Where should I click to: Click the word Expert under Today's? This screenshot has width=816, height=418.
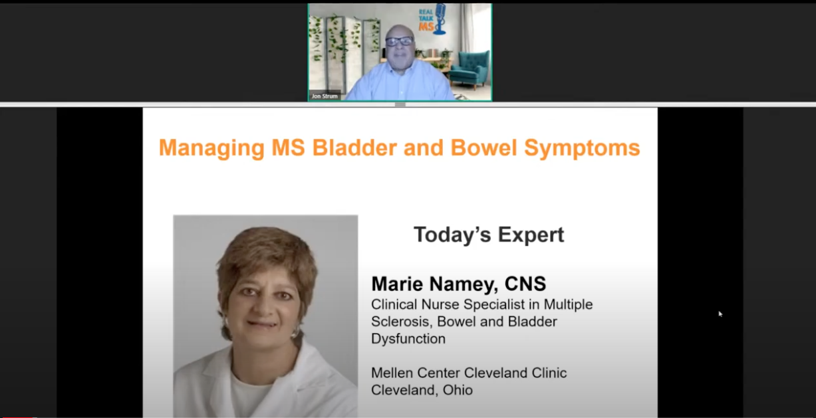(531, 235)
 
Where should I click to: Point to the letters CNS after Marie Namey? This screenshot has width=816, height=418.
(525, 284)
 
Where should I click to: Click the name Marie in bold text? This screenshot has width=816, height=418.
(398, 284)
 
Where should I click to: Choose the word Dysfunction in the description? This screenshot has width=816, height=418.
(408, 339)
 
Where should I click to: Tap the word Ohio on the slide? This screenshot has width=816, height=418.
(458, 390)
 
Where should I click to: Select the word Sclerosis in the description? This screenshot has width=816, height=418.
(401, 322)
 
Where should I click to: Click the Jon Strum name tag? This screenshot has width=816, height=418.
(325, 96)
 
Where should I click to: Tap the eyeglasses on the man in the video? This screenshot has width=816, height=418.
(399, 41)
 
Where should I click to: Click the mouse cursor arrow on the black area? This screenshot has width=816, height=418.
(720, 314)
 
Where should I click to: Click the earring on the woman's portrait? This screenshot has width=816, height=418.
(295, 332)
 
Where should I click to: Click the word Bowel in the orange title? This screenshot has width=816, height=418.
(483, 148)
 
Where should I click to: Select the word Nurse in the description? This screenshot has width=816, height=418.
(441, 304)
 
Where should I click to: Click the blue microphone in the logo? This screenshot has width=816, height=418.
(441, 19)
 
